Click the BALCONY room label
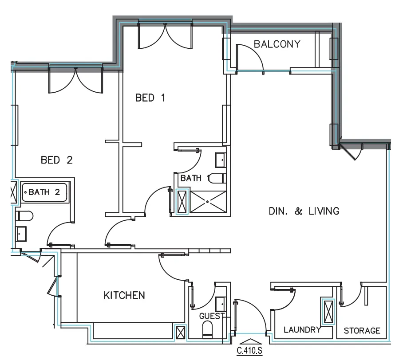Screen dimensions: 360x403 [277, 44]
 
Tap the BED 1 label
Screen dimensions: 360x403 [150, 98]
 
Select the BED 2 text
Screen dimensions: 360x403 [56, 160]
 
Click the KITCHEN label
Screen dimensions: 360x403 [124, 295]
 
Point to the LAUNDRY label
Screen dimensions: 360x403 [302, 330]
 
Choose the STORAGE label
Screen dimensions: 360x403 [362, 330]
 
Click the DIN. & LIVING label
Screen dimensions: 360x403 [304, 211]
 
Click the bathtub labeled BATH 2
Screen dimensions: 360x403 [45, 193]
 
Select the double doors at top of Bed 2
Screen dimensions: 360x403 [75, 80]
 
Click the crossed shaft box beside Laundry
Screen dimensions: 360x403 [328, 312]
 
